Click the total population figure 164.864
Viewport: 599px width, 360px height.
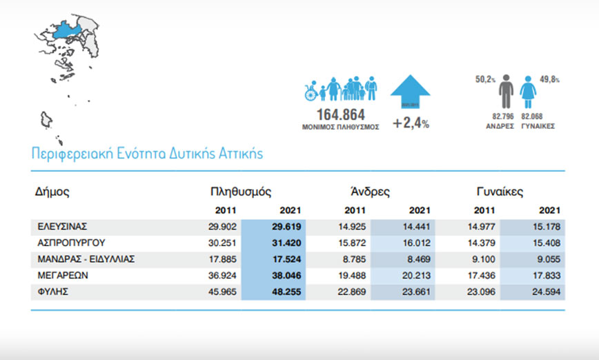pos(340,114)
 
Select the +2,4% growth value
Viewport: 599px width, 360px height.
pos(411,124)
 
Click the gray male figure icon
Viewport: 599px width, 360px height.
pos(507,91)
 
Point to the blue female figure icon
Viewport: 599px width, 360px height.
pos(529,92)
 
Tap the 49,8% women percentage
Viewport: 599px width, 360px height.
pos(549,80)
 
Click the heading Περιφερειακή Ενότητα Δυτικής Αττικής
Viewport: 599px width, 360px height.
pos(147,152)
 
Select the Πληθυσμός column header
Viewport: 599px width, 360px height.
pos(240,192)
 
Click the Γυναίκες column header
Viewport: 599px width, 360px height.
pos(500,192)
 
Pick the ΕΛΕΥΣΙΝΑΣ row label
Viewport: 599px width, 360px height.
pos(63,226)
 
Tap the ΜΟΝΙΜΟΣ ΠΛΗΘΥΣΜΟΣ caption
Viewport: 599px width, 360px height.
pos(340,128)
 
